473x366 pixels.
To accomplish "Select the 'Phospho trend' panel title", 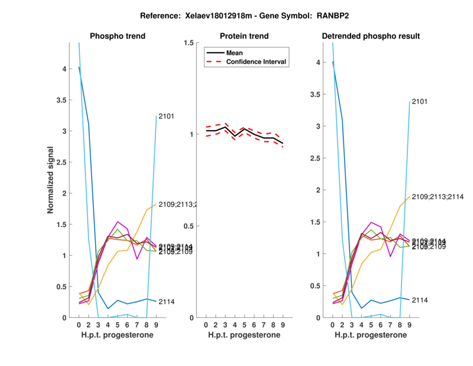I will pos(117,36).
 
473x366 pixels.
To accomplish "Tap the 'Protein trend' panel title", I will pos(244,36).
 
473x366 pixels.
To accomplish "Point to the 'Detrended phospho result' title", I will pos(371,36).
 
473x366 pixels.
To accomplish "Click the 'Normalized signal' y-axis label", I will pos(51,179).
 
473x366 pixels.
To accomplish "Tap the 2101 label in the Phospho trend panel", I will pos(166,117).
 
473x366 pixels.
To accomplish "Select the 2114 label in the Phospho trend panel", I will pos(166,302).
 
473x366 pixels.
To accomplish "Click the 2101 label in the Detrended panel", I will pos(419,102).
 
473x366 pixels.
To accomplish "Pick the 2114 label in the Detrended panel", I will pos(419,300).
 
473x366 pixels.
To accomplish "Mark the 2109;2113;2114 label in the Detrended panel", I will pos(437,197).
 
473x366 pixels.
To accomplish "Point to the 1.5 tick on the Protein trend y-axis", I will pos(189,43).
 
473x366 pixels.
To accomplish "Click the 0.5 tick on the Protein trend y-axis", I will pos(189,226).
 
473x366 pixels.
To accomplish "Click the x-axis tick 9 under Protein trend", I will pos(282,325).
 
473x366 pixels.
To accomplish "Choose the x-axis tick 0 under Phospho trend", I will pos(79,325).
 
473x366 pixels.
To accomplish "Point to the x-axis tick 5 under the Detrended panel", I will pos(371,325).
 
